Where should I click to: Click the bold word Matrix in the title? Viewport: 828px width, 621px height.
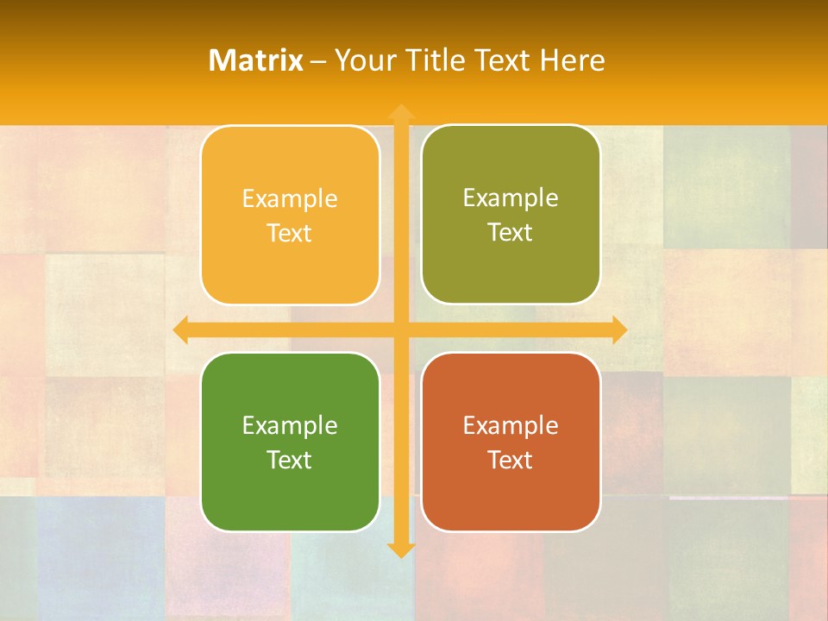(x=256, y=60)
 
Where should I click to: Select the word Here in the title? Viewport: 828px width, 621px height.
(x=572, y=60)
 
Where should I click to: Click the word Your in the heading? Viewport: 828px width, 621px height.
(x=361, y=60)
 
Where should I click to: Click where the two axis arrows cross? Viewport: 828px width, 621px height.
(x=400, y=329)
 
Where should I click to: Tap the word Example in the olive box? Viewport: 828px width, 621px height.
(x=511, y=198)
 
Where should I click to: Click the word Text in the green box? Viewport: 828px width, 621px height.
(x=290, y=460)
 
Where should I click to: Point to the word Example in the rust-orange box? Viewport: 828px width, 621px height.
(x=511, y=425)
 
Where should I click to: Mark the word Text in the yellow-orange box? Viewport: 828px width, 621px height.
(x=290, y=233)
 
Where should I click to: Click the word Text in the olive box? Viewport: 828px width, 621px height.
(x=511, y=233)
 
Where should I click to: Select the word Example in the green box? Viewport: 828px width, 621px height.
(x=290, y=425)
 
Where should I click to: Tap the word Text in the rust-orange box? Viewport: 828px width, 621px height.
(x=511, y=460)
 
